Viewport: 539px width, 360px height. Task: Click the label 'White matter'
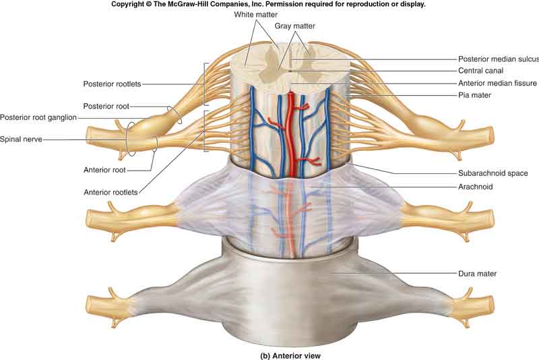255,14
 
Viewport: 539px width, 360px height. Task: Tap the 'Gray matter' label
294,26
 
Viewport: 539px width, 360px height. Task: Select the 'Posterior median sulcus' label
499,59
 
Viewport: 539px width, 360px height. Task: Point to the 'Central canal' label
480,71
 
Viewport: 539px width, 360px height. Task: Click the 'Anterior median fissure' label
497,83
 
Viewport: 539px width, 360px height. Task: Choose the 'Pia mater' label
474,95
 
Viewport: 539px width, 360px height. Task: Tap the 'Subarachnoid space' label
493,173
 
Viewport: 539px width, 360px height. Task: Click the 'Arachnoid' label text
476,187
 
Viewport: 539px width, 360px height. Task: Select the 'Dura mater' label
477,274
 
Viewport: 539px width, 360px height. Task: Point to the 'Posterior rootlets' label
112,84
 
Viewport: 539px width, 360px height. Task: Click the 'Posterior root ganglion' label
38,117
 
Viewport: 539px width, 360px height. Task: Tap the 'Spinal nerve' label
21,140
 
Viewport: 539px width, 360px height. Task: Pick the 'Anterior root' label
104,170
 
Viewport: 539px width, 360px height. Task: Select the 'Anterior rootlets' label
110,192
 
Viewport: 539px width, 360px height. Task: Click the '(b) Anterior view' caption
290,356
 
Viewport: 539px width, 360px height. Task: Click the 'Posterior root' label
106,107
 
